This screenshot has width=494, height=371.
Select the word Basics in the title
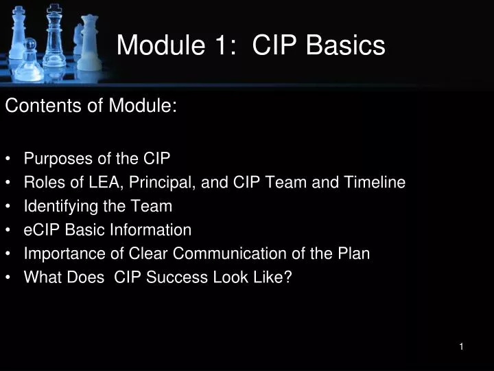(345, 45)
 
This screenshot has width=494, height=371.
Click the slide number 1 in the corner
(462, 347)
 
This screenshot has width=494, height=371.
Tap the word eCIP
(40, 229)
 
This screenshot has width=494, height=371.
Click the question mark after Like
(288, 277)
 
